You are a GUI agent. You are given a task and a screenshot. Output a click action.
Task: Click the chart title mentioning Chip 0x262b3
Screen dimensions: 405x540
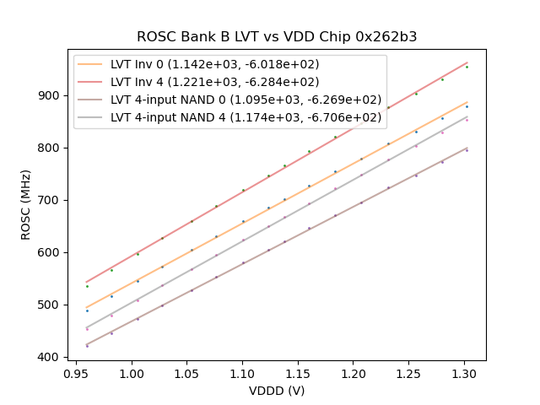pyautogui.click(x=277, y=37)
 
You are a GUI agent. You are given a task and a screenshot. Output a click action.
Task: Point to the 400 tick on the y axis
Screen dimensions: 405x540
pyautogui.click(x=51, y=357)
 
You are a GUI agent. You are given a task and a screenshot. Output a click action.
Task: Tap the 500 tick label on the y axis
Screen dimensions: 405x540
pyautogui.click(x=51, y=305)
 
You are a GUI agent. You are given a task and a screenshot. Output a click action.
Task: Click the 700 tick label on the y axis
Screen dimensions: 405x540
pyautogui.click(x=51, y=200)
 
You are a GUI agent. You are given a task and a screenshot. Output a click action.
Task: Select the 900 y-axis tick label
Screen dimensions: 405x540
pyautogui.click(x=51, y=95)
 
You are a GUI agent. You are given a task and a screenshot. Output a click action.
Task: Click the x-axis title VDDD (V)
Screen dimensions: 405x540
pyautogui.click(x=277, y=391)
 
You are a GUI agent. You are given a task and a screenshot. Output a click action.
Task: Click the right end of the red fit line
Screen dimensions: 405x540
pyautogui.click(x=467, y=62)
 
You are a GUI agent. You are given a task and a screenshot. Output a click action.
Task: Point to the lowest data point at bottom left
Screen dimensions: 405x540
pyautogui.click(x=87, y=346)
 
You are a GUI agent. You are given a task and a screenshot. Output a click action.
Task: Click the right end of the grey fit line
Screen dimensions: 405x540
pyautogui.click(x=467, y=116)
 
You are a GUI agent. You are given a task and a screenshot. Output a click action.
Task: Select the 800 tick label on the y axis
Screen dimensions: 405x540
pyautogui.click(x=51, y=148)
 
